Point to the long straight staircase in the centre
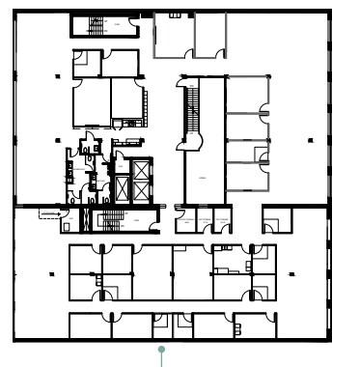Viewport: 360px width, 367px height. [191, 112]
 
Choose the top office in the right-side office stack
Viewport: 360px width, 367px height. [247, 95]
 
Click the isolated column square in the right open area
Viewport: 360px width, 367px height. [309, 141]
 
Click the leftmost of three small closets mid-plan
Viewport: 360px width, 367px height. [185, 221]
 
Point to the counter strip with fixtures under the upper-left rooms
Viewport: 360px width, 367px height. [125, 122]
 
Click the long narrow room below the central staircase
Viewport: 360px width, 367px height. [204, 178]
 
